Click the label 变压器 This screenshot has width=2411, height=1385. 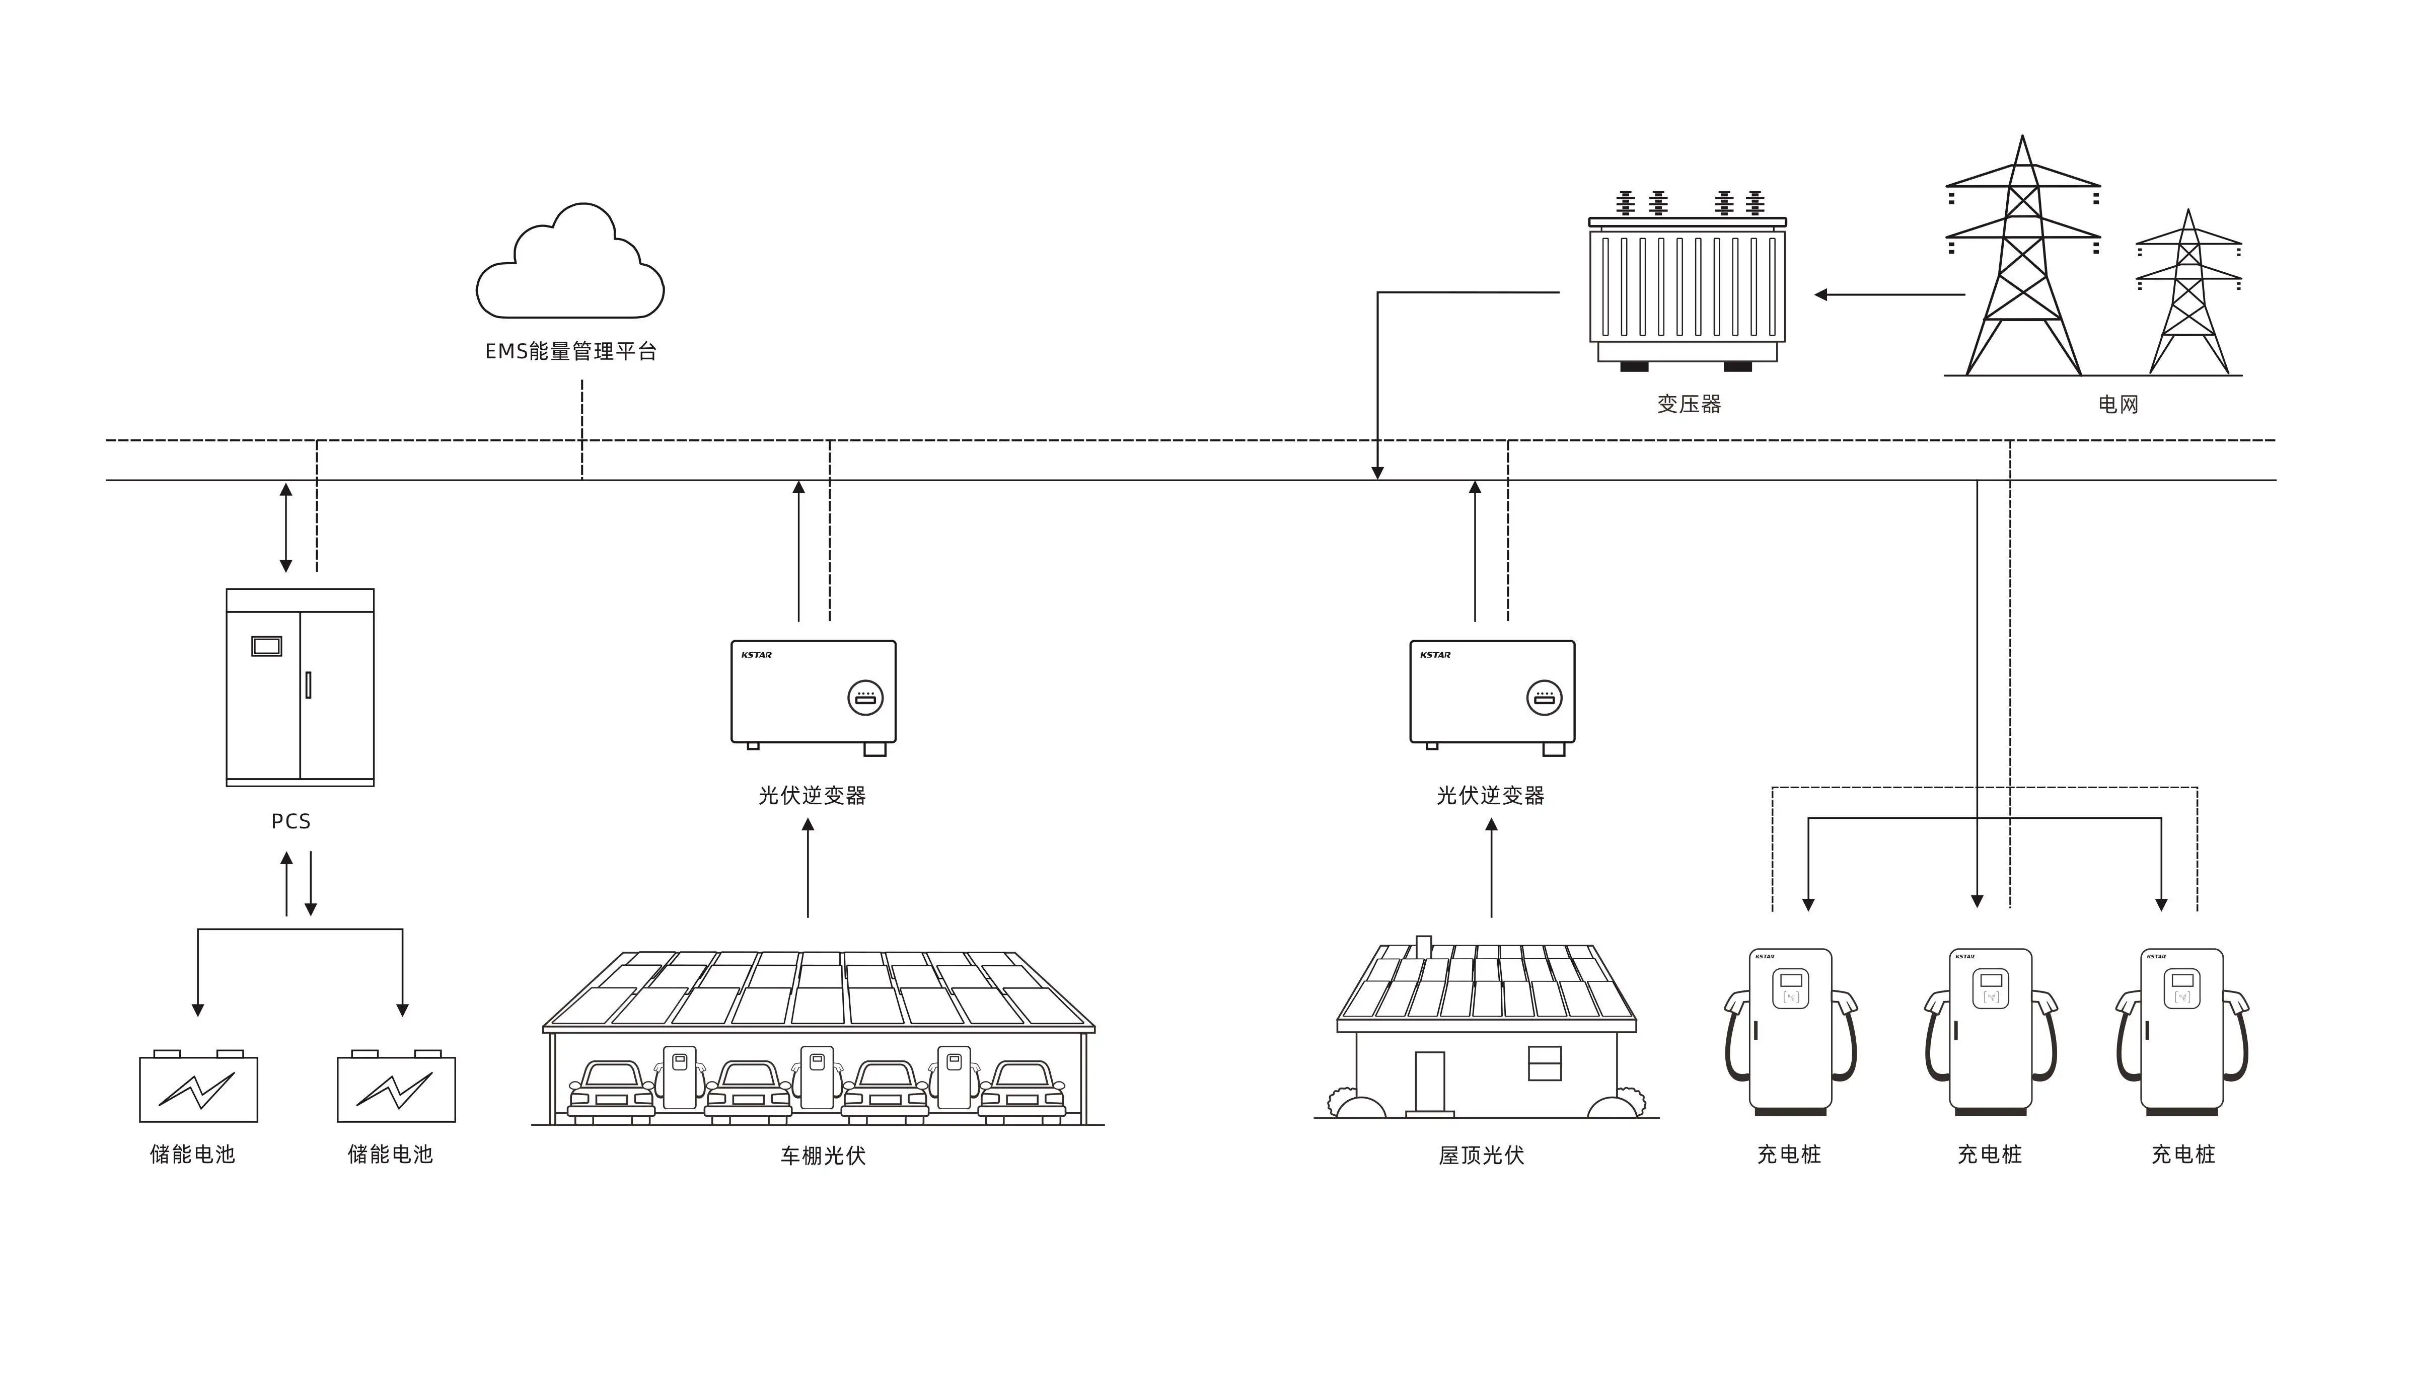[x=1689, y=404]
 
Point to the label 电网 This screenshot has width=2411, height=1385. [x=2118, y=404]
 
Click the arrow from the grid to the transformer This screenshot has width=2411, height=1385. [x=1888, y=295]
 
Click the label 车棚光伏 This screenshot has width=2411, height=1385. [x=823, y=1156]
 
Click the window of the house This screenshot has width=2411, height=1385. [x=1544, y=1063]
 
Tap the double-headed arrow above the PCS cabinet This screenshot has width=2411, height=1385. [x=285, y=528]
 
